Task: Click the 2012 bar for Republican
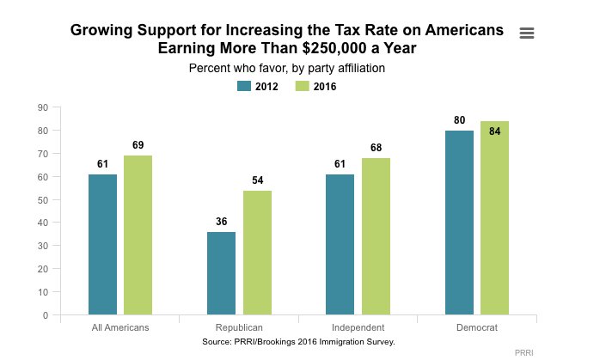pyautogui.click(x=222, y=273)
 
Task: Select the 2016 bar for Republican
pyautogui.click(x=257, y=253)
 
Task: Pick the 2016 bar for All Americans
pyautogui.click(x=138, y=235)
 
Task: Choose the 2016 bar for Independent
pyautogui.click(x=376, y=236)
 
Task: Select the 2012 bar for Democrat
pyautogui.click(x=459, y=223)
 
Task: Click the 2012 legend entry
pyautogui.click(x=259, y=86)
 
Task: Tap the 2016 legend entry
pyautogui.click(x=315, y=86)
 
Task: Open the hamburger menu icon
pyautogui.click(x=528, y=33)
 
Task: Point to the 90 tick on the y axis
pyautogui.click(x=42, y=107)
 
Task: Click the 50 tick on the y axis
pyautogui.click(x=42, y=200)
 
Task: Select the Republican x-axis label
pyautogui.click(x=239, y=328)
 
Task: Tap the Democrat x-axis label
pyautogui.click(x=477, y=328)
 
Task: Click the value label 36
pyautogui.click(x=222, y=222)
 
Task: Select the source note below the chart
pyautogui.click(x=298, y=341)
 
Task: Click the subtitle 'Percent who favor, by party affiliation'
pyautogui.click(x=298, y=67)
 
